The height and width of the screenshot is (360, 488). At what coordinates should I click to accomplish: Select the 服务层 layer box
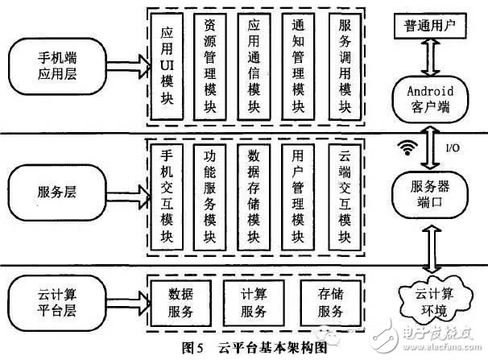pyautogui.click(x=57, y=194)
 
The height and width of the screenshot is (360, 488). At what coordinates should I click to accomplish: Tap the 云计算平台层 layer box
pyautogui.click(x=57, y=297)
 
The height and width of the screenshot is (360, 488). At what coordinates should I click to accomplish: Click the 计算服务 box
pyautogui.click(x=254, y=300)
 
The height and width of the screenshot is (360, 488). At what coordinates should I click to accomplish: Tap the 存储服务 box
pyautogui.click(x=333, y=300)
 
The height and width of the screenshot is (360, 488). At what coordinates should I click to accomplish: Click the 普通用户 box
pyautogui.click(x=429, y=27)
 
